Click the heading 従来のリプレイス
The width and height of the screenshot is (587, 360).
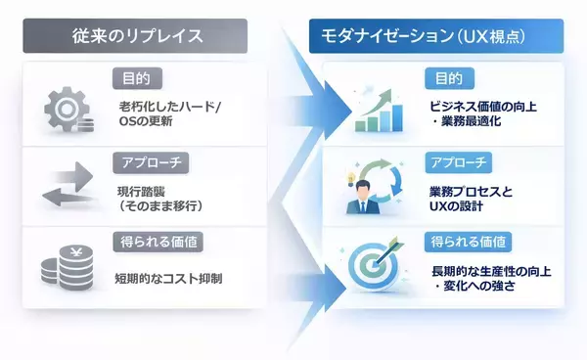(137, 37)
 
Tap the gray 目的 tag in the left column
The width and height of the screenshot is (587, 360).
(137, 77)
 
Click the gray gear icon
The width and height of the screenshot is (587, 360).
(67, 110)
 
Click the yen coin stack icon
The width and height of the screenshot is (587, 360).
(67, 267)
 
